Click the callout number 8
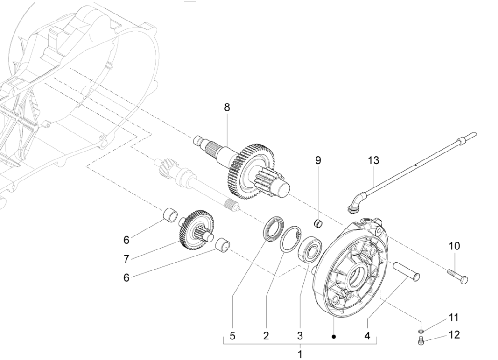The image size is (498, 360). [227, 107]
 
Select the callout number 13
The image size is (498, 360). [373, 160]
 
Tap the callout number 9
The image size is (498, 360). [318, 160]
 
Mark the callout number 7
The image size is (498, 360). [126, 258]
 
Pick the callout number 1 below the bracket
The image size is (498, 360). [300, 354]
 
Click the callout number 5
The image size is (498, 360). [232, 336]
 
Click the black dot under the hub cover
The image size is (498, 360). [334, 336]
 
